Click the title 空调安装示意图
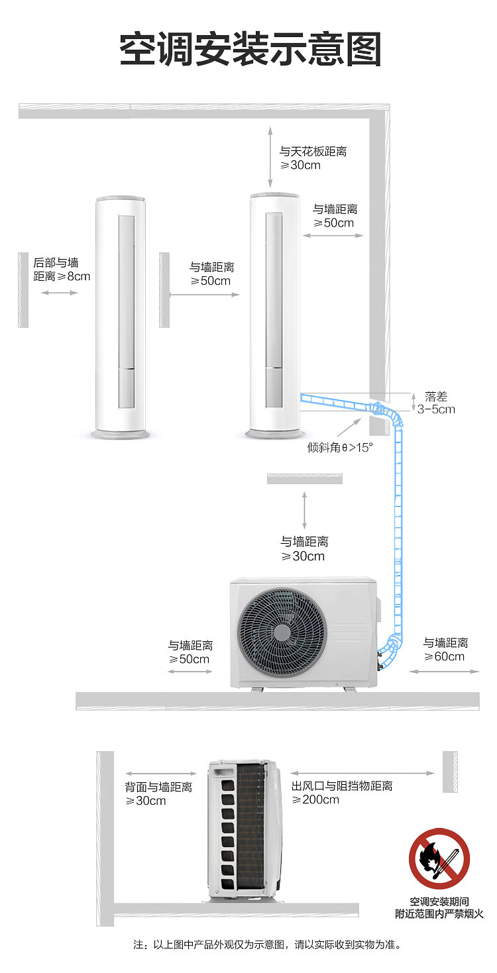[250, 50]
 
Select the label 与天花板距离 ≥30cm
[312, 158]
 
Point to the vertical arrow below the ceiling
[270, 157]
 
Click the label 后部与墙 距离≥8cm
[62, 270]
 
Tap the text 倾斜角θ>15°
[340, 447]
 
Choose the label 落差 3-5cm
[436, 403]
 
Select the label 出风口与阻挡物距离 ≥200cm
[342, 793]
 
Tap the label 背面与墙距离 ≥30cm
[158, 794]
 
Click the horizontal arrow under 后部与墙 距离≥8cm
[60, 291]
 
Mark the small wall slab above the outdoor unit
[305, 478]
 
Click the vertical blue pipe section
[398, 530]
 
